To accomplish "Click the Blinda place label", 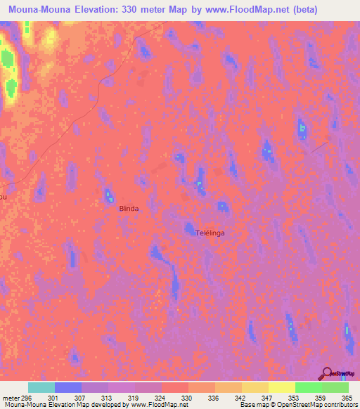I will [129, 209].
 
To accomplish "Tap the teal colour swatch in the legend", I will [41, 387].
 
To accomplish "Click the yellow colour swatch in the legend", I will [282, 387].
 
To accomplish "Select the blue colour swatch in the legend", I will [68, 387].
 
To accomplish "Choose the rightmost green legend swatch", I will [335, 387].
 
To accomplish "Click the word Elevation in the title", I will [98, 10].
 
